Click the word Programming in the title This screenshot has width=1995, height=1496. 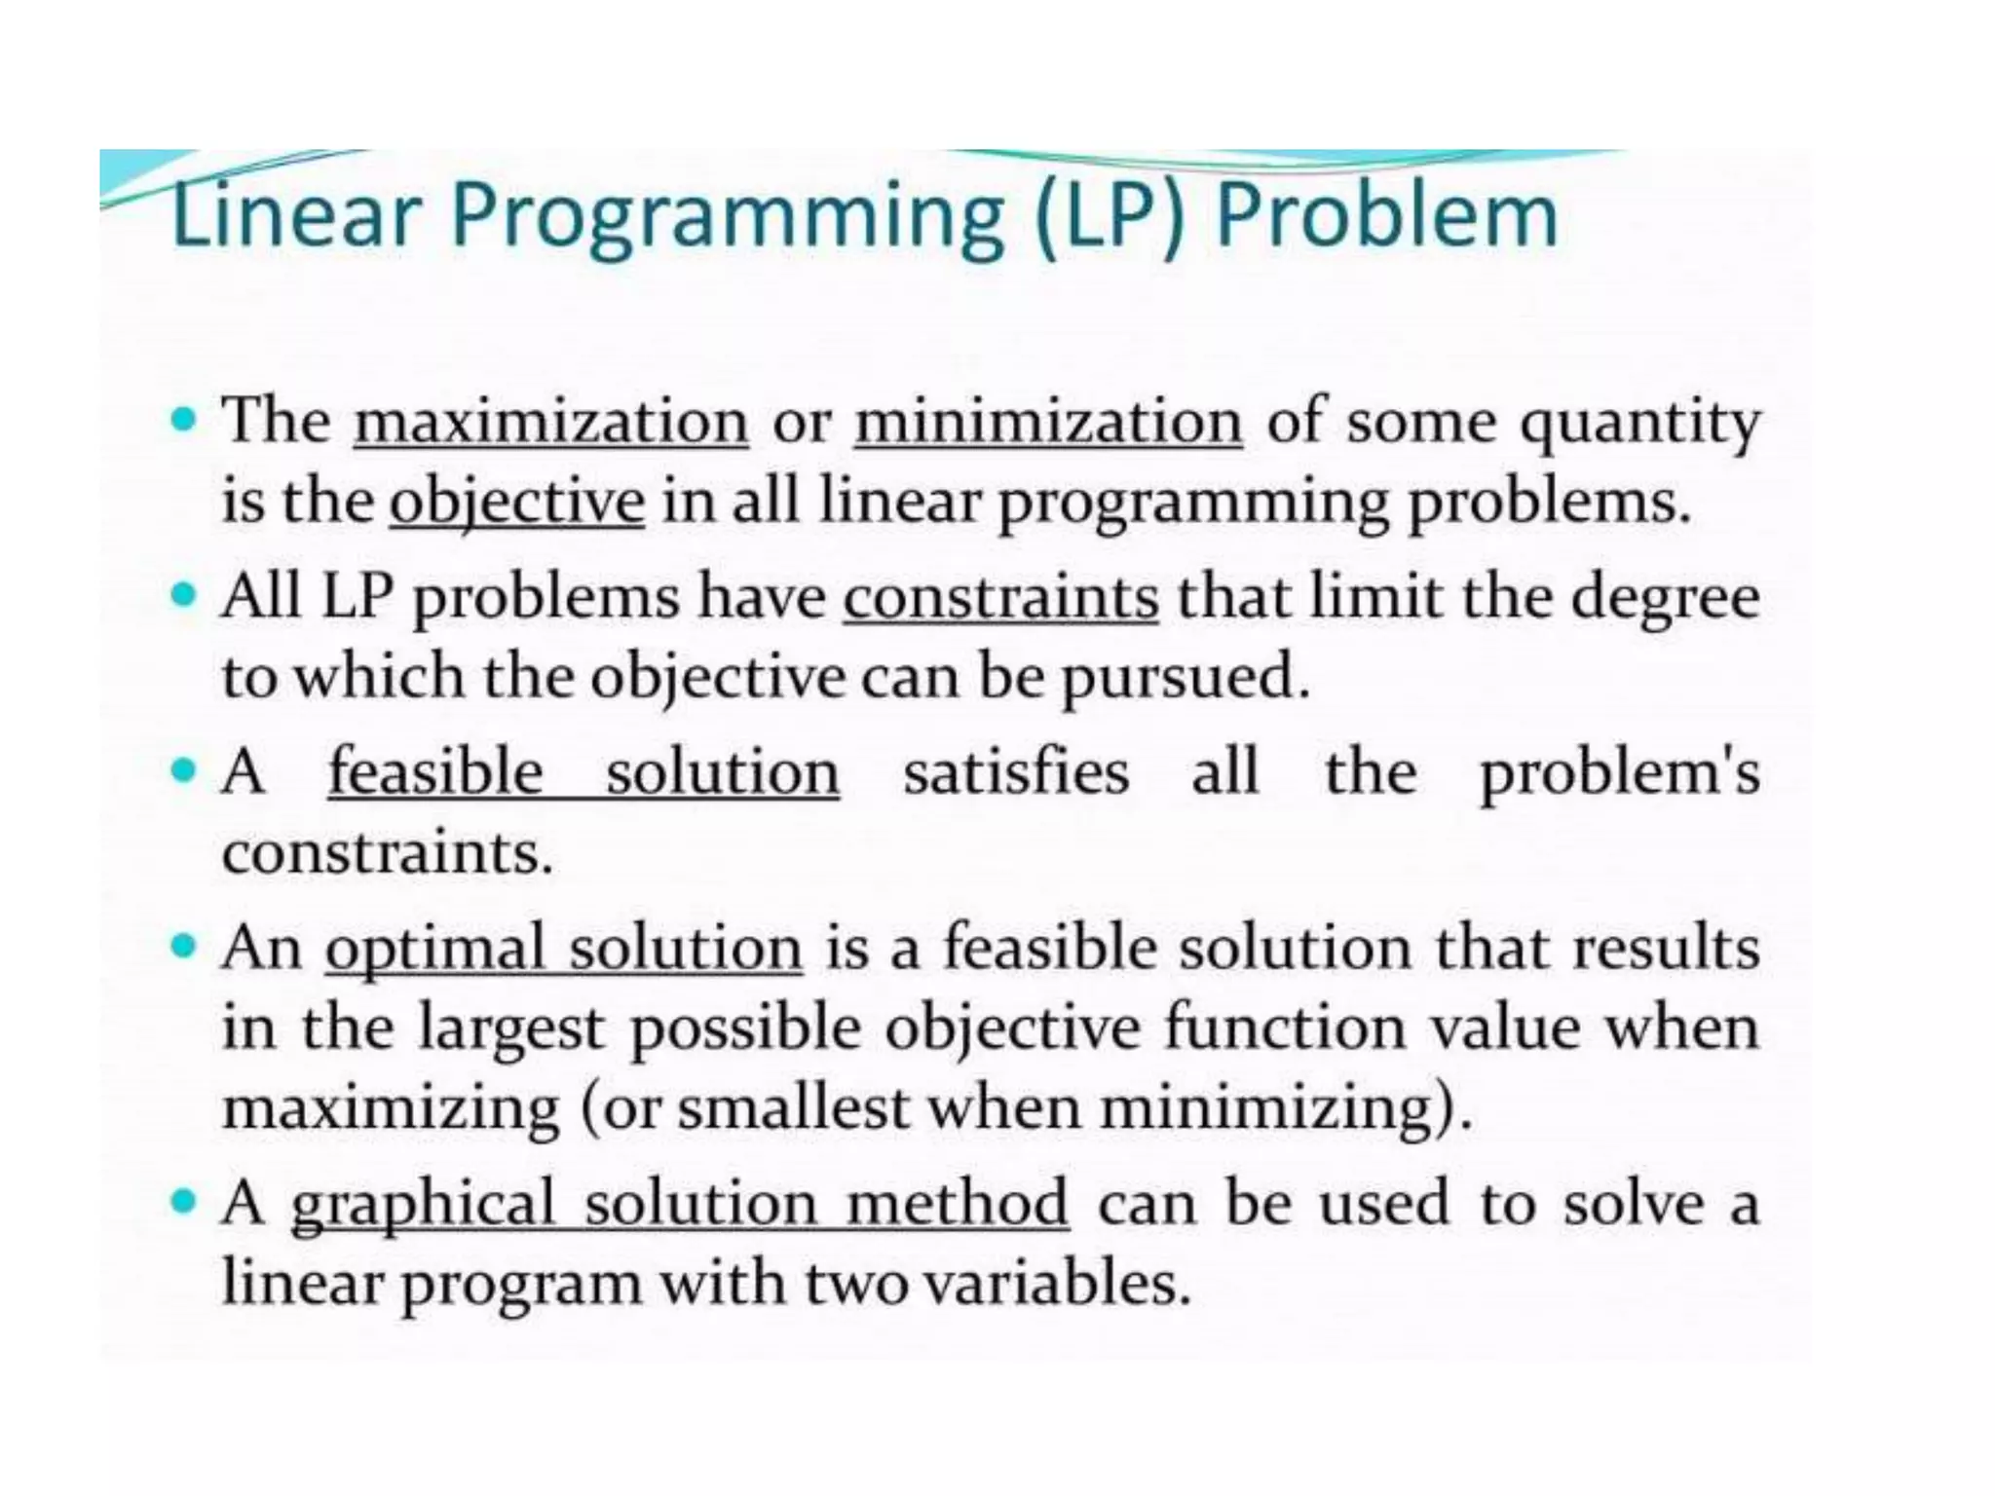[x=726, y=215]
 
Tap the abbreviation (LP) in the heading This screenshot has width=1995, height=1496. [x=1108, y=215]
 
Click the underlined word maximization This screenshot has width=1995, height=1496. [x=550, y=422]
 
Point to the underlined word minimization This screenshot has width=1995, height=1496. [x=1048, y=422]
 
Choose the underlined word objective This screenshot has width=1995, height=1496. [x=516, y=503]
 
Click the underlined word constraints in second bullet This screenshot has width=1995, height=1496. [x=1000, y=597]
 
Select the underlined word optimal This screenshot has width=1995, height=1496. [x=434, y=949]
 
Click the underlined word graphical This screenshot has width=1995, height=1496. [x=423, y=1204]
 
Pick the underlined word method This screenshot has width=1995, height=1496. [x=957, y=1204]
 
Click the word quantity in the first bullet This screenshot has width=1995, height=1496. [x=1640, y=424]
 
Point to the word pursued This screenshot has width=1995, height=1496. [x=1185, y=678]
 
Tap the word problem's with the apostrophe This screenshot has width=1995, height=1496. [x=1619, y=774]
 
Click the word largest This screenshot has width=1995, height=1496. [x=512, y=1029]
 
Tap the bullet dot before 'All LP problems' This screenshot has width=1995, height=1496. [x=182, y=593]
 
